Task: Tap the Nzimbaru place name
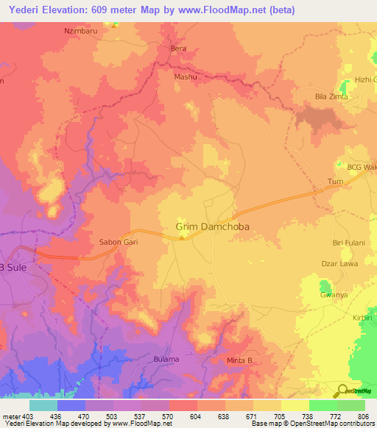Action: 82,32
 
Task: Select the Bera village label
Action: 178,49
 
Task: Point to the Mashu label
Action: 185,76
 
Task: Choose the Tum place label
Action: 335,181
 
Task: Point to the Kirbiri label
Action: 363,317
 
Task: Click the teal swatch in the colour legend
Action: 43,405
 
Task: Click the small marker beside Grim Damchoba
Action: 182,237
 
